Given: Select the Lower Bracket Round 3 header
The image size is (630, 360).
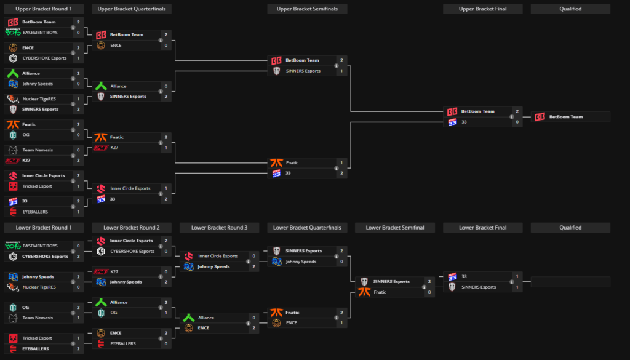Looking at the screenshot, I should click(219, 228).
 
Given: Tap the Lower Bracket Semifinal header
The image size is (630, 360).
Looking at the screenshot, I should click(394, 228).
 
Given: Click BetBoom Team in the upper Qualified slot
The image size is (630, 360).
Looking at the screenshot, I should click(565, 117).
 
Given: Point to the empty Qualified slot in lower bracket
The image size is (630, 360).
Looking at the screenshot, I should click(570, 282).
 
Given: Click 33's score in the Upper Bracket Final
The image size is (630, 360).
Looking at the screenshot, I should click(517, 122).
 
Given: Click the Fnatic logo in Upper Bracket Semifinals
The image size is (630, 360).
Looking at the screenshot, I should click(276, 163).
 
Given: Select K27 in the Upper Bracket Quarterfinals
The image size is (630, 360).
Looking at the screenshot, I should click(114, 148).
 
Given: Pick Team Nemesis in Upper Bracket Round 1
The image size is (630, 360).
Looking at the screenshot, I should click(37, 150).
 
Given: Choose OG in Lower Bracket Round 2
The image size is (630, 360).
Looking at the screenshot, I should click(114, 313).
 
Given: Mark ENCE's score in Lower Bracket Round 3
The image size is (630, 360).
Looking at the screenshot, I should click(253, 328).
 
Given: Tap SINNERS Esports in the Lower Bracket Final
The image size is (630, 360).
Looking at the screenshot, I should click(479, 287).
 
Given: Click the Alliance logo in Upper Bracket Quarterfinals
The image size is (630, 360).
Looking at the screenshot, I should click(101, 86).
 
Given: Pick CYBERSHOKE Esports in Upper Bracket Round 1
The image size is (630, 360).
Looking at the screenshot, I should click(45, 58).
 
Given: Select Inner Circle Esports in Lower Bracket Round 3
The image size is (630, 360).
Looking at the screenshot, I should click(217, 256).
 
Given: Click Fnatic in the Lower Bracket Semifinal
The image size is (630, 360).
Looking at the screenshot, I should click(380, 292).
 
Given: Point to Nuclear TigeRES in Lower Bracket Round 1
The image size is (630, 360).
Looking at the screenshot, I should click(39, 287).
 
